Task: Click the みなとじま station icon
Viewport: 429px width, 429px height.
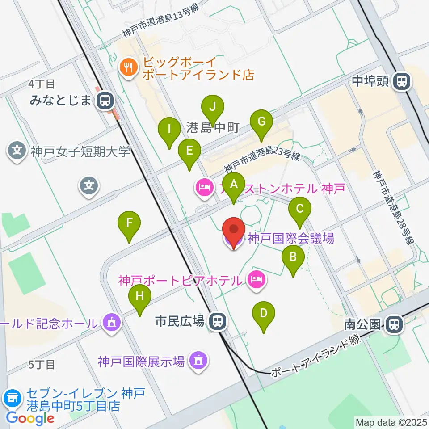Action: tap(105, 100)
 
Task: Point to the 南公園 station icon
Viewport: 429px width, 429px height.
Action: tap(394, 324)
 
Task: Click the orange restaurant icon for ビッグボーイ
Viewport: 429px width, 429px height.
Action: tap(129, 68)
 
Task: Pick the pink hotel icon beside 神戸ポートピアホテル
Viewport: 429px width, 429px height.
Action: tap(256, 281)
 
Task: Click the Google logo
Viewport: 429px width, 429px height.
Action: tap(30, 418)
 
